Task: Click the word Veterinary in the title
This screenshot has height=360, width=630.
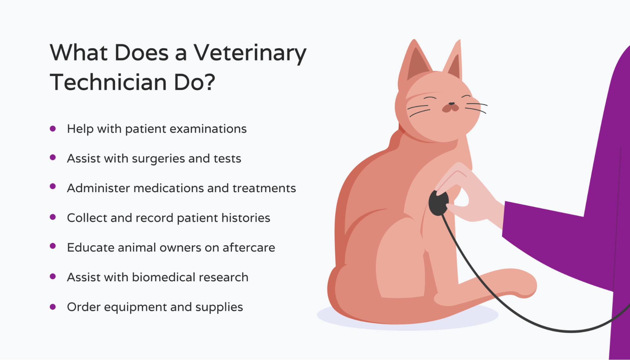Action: (x=250, y=53)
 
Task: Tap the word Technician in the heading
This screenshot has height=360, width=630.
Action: (x=108, y=83)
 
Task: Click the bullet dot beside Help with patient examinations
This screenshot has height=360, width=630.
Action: (x=53, y=129)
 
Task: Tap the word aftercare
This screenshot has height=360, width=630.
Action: (x=249, y=248)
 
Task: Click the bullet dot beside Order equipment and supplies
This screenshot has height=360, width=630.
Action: (x=53, y=307)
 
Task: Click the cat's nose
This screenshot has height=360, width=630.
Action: (x=451, y=104)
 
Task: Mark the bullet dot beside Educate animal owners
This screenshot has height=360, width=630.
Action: (x=53, y=246)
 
